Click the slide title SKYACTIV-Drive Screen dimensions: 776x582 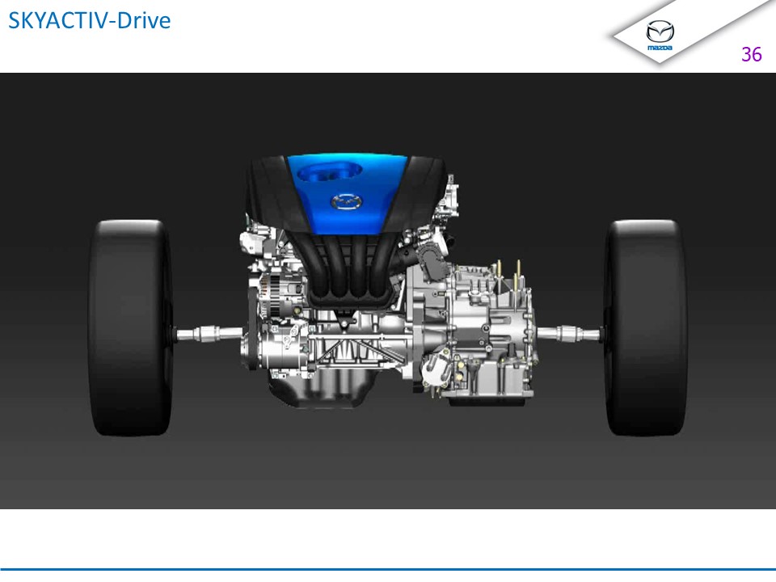click(x=90, y=20)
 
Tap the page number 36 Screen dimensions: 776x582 click(x=751, y=54)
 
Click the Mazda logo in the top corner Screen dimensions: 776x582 click(x=660, y=35)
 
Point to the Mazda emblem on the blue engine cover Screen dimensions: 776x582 click(x=347, y=202)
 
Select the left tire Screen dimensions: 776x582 click(x=131, y=327)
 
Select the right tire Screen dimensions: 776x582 click(x=645, y=327)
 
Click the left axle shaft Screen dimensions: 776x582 click(x=208, y=334)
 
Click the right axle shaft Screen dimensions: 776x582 click(x=569, y=334)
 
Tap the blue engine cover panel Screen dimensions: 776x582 click(x=347, y=194)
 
